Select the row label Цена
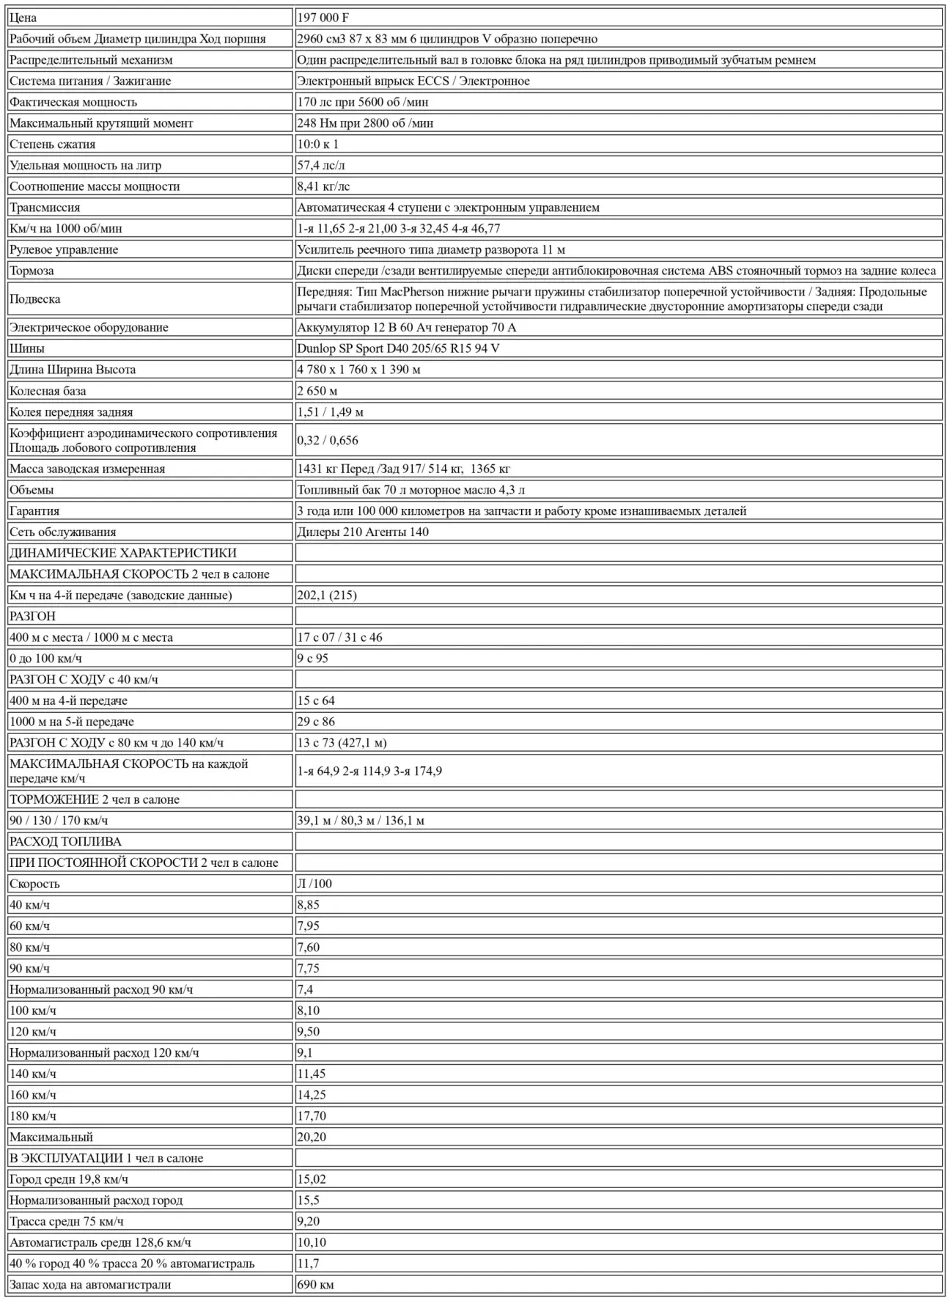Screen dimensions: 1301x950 [x=23, y=18]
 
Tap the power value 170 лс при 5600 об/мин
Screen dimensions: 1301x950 [x=363, y=102]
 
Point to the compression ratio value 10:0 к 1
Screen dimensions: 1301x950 [x=318, y=144]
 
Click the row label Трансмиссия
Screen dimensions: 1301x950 [x=45, y=208]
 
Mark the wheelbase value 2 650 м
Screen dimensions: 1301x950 [x=317, y=391]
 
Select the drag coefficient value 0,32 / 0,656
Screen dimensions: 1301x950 [x=328, y=440]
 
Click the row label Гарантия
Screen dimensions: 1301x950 [x=34, y=511]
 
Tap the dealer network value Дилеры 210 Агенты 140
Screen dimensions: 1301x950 [x=363, y=532]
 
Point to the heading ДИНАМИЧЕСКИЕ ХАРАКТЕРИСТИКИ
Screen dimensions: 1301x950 [x=122, y=553]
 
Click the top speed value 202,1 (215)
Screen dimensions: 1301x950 [x=327, y=595]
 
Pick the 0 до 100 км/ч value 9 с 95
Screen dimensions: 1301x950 [x=313, y=659]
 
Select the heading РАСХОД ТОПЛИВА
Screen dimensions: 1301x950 [x=65, y=842]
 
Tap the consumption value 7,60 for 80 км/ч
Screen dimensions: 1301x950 [x=309, y=948]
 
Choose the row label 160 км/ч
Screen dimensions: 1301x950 [x=33, y=1095]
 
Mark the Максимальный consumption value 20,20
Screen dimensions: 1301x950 [x=312, y=1137]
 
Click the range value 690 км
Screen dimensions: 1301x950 [x=315, y=1285]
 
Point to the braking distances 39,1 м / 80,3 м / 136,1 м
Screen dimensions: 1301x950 [x=361, y=821]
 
